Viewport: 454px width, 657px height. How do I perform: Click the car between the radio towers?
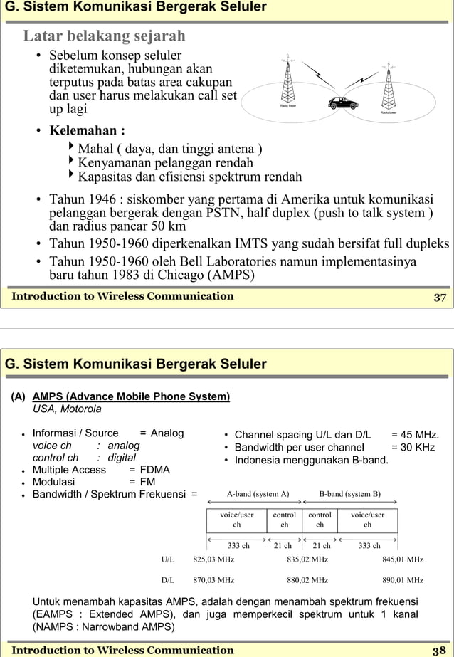(343, 103)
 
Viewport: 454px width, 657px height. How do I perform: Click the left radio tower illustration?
(288, 80)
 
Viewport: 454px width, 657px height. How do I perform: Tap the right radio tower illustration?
(388, 84)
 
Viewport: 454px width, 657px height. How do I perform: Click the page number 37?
(440, 297)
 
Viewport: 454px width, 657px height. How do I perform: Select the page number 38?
(439, 650)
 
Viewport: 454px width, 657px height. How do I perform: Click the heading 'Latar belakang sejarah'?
(105, 36)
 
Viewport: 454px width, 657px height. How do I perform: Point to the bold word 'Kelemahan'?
(82, 131)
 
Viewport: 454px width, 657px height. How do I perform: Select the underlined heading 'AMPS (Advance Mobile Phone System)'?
(131, 396)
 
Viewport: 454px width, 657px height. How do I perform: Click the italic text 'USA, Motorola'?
(67, 409)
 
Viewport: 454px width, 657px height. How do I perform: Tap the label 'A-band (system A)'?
(258, 494)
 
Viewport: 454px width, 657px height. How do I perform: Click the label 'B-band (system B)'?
(349, 494)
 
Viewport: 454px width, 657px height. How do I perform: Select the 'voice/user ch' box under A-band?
(237, 520)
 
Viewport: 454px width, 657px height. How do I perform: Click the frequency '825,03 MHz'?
(213, 559)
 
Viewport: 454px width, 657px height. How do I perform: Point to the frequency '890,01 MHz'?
(403, 580)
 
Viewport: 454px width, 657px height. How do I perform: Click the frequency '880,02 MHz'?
(307, 580)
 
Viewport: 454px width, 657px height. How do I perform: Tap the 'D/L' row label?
(168, 580)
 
